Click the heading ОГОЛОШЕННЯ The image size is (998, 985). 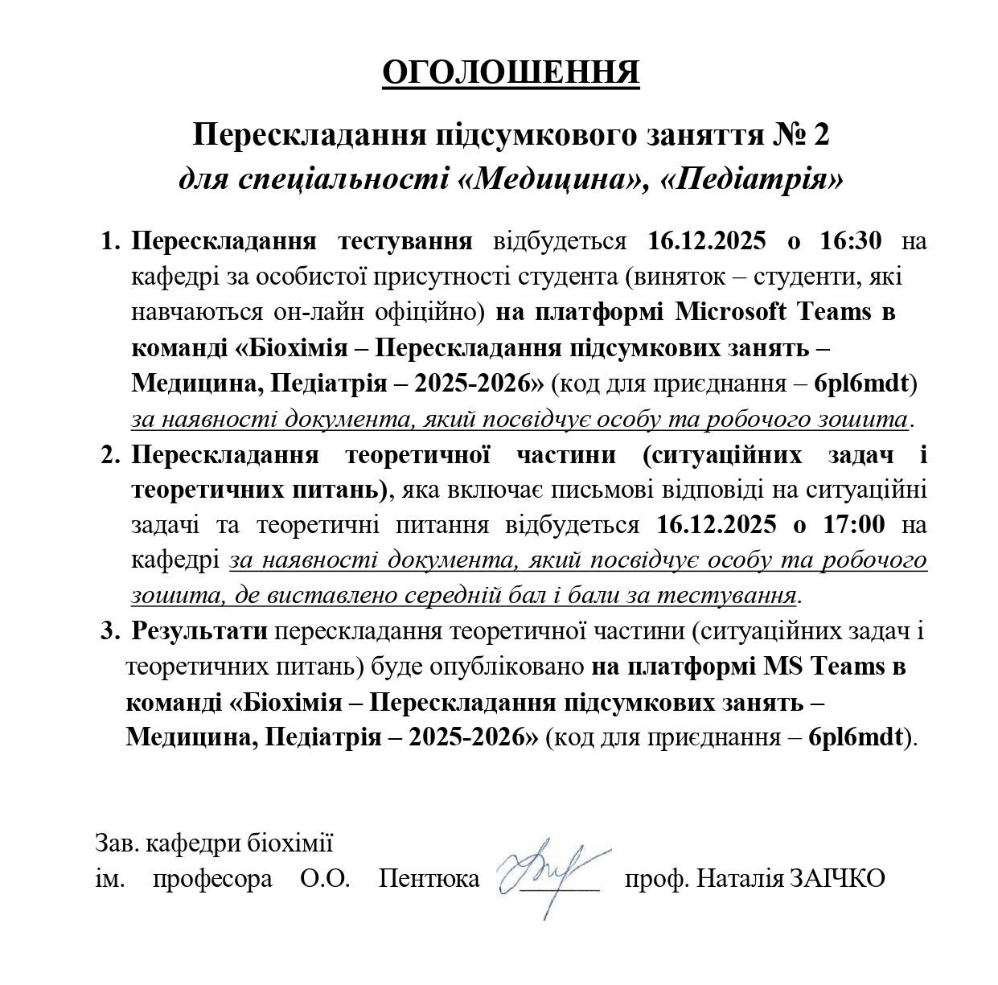tap(510, 72)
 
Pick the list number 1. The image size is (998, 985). tap(109, 240)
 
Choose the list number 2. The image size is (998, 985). tap(109, 455)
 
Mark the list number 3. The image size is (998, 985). tap(109, 631)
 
